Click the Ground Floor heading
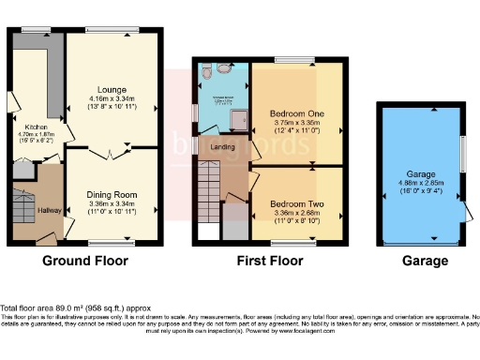pyautogui.click(x=85, y=261)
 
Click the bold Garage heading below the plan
pyautogui.click(x=420, y=261)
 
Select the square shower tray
pyautogui.click(x=238, y=117)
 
